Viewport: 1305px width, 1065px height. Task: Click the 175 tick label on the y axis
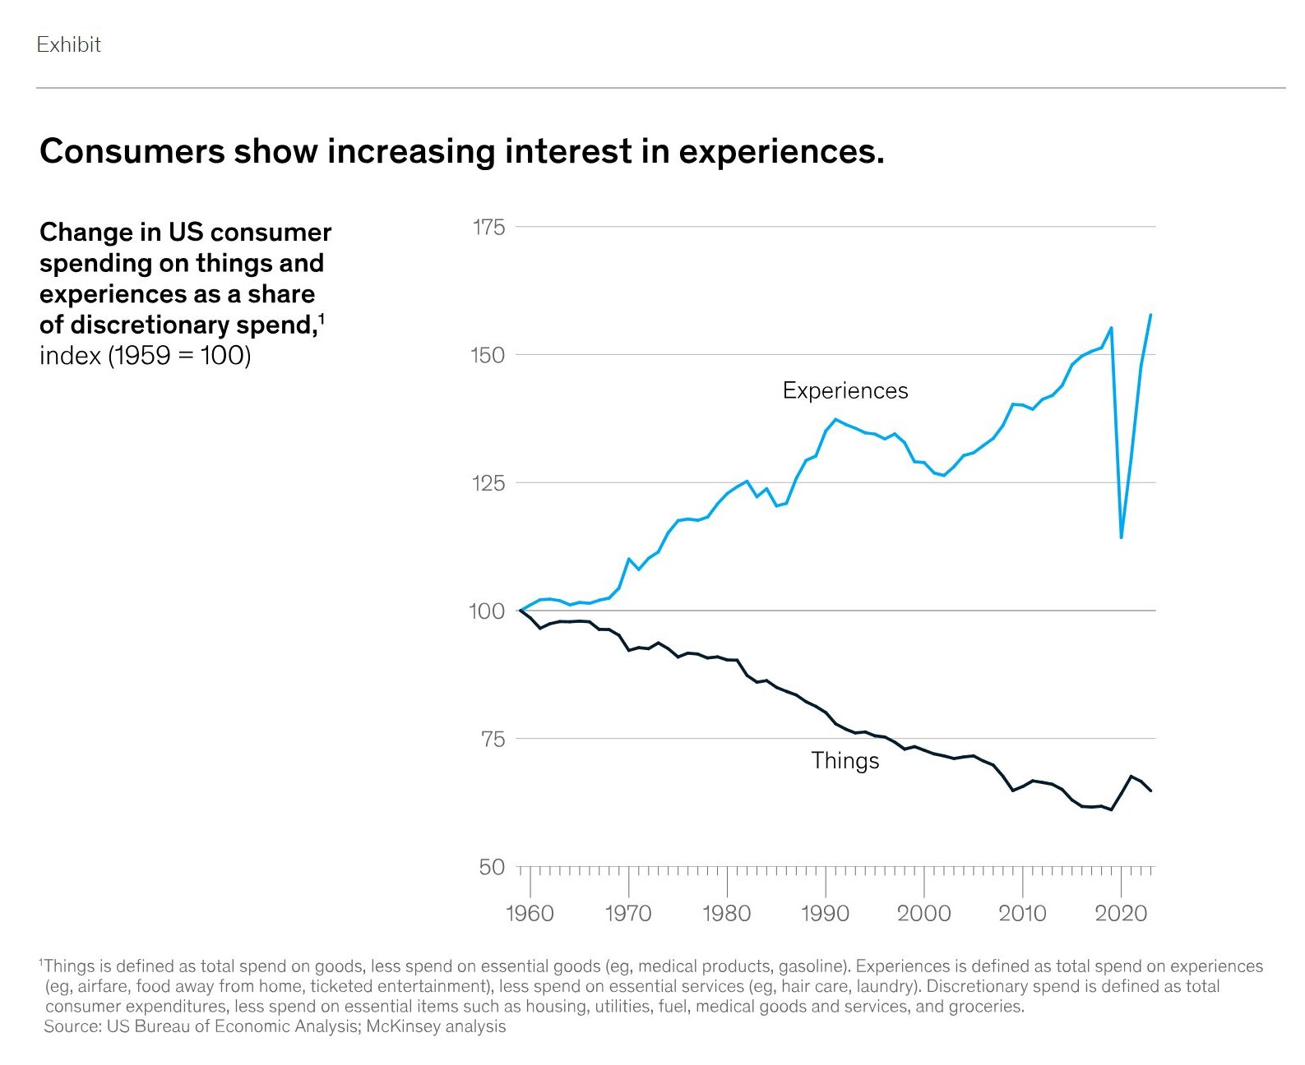pyautogui.click(x=488, y=228)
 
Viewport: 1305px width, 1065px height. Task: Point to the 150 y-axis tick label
pyautogui.click(x=488, y=356)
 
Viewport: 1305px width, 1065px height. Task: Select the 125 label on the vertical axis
pyautogui.click(x=488, y=483)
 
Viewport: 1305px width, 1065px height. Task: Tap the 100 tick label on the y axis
pyautogui.click(x=487, y=611)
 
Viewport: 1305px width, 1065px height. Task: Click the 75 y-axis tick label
pyautogui.click(x=492, y=740)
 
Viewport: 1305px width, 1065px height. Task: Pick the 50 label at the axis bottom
pyautogui.click(x=492, y=868)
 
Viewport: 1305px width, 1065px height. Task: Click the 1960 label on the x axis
pyautogui.click(x=530, y=913)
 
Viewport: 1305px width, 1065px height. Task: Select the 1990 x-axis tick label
pyautogui.click(x=825, y=913)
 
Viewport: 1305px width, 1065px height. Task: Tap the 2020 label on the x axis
pyautogui.click(x=1121, y=913)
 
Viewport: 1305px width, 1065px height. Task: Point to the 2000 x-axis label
pyautogui.click(x=923, y=913)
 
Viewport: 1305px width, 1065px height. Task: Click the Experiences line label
pyautogui.click(x=845, y=390)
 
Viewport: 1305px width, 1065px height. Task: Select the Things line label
pyautogui.click(x=845, y=761)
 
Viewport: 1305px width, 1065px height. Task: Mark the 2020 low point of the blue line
pyautogui.click(x=1121, y=537)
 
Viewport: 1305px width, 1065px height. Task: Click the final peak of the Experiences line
pyautogui.click(x=1150, y=315)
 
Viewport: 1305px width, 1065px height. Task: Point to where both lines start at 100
pyautogui.click(x=521, y=611)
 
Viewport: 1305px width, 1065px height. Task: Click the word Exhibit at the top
pyautogui.click(x=68, y=44)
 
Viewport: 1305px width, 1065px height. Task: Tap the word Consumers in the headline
pyautogui.click(x=132, y=151)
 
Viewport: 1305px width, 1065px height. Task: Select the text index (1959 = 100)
pyautogui.click(x=145, y=356)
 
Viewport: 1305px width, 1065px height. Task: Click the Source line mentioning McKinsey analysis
pyautogui.click(x=275, y=1026)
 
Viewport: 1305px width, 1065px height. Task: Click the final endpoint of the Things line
pyautogui.click(x=1150, y=791)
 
